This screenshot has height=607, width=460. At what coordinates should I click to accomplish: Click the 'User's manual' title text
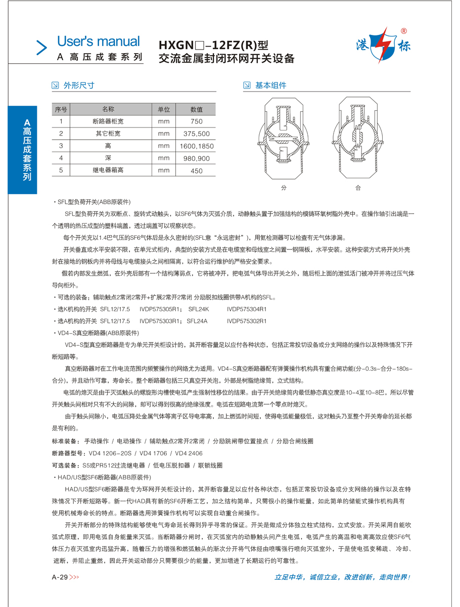pos(98,41)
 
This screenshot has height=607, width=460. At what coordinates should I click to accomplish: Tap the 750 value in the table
pos(197,121)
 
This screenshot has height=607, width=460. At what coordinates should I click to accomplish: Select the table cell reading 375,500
pos(197,134)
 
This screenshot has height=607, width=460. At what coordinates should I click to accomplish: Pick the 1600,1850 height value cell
pos(197,146)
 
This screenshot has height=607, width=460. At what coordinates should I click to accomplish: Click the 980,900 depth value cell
pos(197,158)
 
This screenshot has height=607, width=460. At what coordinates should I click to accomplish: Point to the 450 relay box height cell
pos(197,170)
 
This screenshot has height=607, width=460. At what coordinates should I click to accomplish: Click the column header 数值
pos(197,109)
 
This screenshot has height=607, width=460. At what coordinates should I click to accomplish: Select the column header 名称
pos(108,109)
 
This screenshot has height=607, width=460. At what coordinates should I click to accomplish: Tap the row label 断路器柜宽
pos(108,121)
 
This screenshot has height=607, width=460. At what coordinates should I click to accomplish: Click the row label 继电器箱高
pos(108,170)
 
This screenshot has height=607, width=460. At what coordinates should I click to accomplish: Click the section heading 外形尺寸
pos(79,85)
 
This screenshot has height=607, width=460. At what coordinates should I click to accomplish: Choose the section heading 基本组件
pos(270,85)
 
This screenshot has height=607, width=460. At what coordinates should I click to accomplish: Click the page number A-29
pos(60,577)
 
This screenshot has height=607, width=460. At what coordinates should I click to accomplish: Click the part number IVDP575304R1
pos(247,309)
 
